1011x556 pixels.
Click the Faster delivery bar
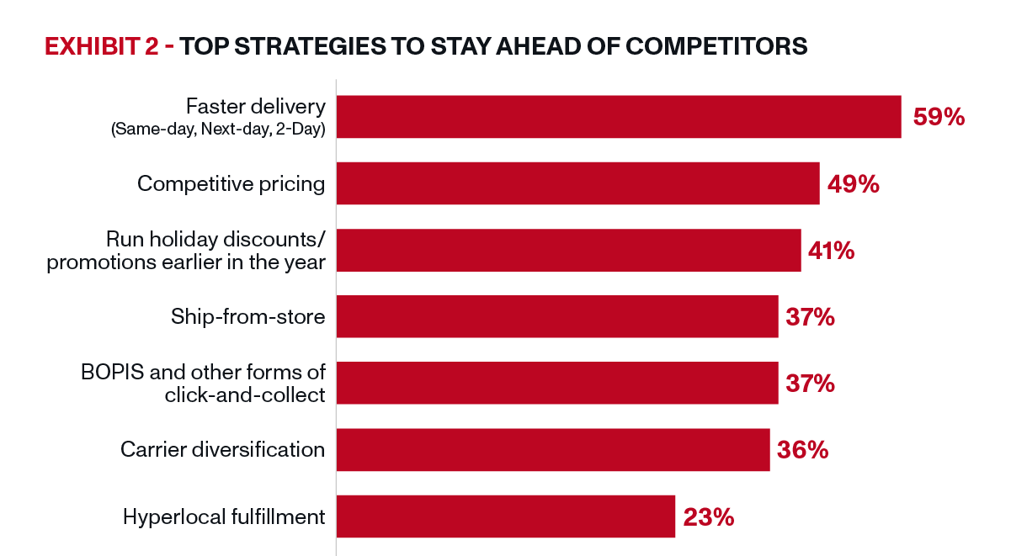tap(619, 117)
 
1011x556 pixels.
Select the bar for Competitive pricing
tap(578, 183)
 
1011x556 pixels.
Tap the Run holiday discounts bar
tap(569, 251)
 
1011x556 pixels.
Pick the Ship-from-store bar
tap(557, 316)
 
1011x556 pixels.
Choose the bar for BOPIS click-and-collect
tap(557, 383)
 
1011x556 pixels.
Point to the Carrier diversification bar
tap(553, 450)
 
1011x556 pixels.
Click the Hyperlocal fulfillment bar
tap(506, 516)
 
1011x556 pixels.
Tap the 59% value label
tap(939, 117)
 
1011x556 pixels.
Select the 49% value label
tap(854, 184)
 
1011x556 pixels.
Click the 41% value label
tap(832, 251)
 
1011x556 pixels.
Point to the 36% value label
tap(803, 450)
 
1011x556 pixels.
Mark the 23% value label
tap(709, 517)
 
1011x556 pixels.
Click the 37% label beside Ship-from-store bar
tap(811, 317)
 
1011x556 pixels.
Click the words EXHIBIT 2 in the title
tap(102, 46)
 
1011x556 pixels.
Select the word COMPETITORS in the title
tap(716, 46)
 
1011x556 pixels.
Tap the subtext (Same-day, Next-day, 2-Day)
tap(218, 129)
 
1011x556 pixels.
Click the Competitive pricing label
tap(231, 184)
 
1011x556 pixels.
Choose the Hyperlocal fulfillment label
tap(224, 516)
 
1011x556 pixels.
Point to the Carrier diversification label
tap(222, 449)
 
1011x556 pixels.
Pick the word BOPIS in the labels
tap(113, 373)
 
